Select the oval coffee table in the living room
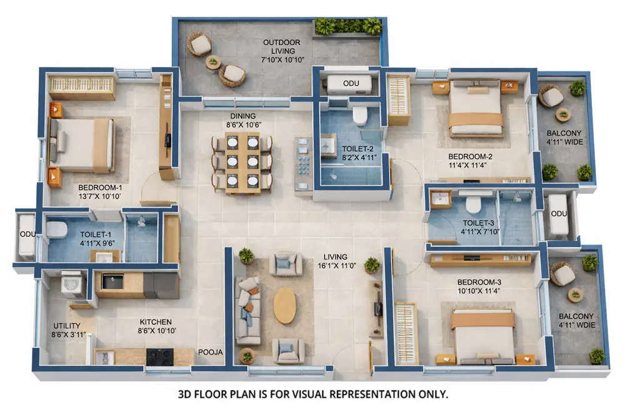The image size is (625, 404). coord(285,306)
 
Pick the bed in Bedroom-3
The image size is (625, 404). coord(483,336)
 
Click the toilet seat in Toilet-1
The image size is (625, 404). coord(57,230)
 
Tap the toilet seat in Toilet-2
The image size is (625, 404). coord(360,116)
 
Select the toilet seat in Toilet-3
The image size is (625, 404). coord(473,203)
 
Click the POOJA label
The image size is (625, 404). coord(210,352)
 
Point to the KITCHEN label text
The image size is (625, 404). coord(156,321)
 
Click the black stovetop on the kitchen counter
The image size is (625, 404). coord(159,356)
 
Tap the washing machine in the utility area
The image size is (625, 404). coord(72,285)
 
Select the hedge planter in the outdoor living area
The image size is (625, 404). coord(348,26)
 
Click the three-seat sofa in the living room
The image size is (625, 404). coord(247,310)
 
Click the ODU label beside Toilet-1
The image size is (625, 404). coord(26,234)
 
